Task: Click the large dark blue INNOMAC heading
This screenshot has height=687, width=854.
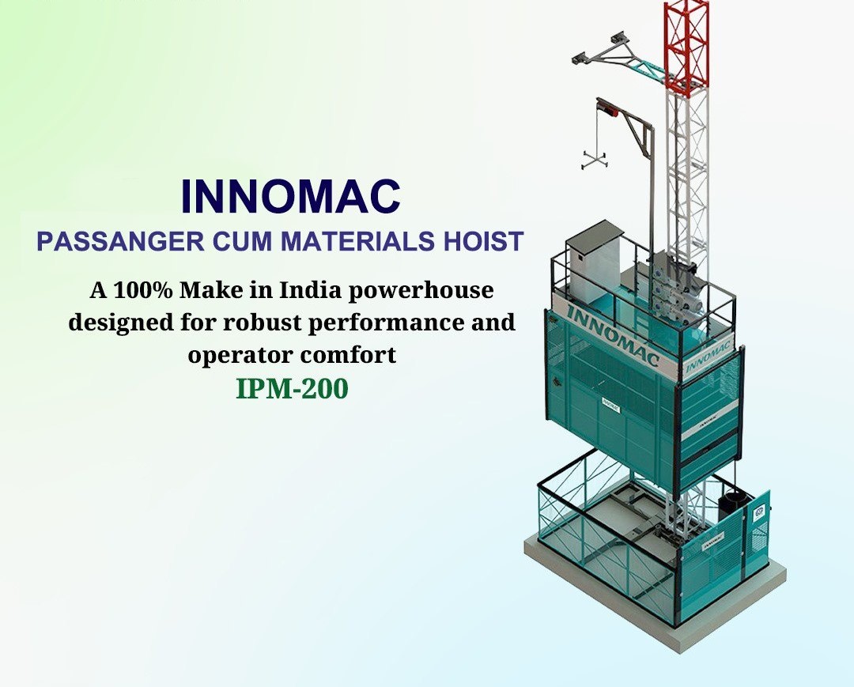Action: click(291, 196)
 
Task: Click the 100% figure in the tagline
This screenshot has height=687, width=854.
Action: click(142, 290)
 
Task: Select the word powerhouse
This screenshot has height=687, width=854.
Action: click(421, 291)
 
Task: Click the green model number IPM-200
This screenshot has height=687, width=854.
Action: click(292, 389)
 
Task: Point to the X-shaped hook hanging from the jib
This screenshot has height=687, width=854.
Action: click(594, 159)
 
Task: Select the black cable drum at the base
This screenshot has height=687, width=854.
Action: click(731, 506)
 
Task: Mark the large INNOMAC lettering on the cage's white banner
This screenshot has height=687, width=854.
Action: click(613, 335)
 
